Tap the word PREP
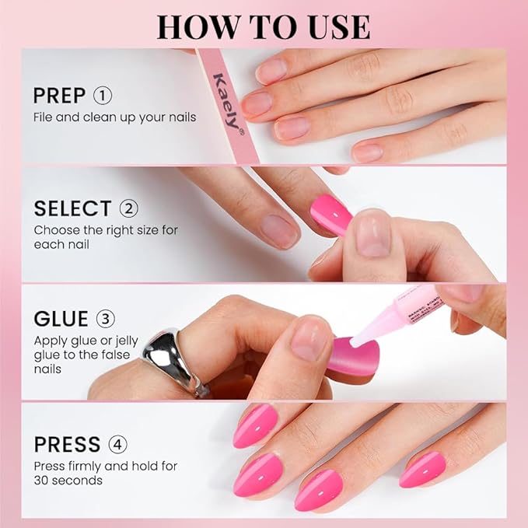pyautogui.click(x=59, y=96)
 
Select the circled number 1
pyautogui.click(x=102, y=96)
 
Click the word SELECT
pyautogui.click(x=72, y=208)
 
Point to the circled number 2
pyautogui.click(x=128, y=208)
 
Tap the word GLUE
pyautogui.click(x=61, y=320)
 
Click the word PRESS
pyautogui.click(x=67, y=445)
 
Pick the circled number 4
pyautogui.click(x=118, y=445)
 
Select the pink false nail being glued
pyautogui.click(x=350, y=355)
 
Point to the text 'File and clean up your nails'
pyautogui.click(x=114, y=117)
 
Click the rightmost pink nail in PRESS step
pyautogui.click(x=423, y=470)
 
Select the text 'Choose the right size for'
pyautogui.click(x=104, y=230)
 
